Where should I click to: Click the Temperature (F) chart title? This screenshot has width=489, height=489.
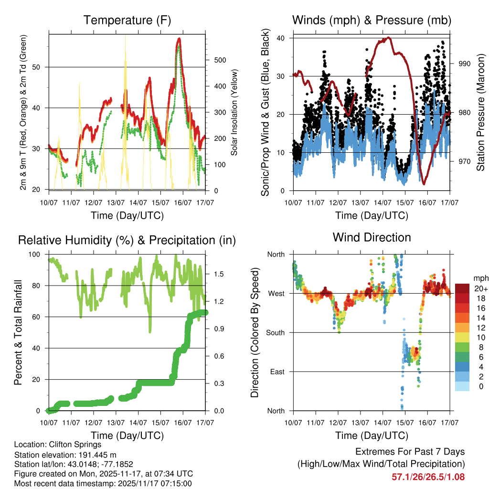(x=127, y=20)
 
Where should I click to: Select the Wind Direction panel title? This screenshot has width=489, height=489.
(x=372, y=237)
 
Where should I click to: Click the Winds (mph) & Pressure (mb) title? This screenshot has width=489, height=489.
(x=372, y=20)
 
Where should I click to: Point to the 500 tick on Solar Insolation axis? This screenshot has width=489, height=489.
(x=219, y=60)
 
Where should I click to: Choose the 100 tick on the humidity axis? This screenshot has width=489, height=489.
(x=39, y=254)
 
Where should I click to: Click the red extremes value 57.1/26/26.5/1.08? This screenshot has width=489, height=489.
(x=428, y=477)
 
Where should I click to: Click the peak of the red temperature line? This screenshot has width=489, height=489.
(x=179, y=39)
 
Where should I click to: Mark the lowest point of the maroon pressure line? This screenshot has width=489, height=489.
(x=423, y=183)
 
